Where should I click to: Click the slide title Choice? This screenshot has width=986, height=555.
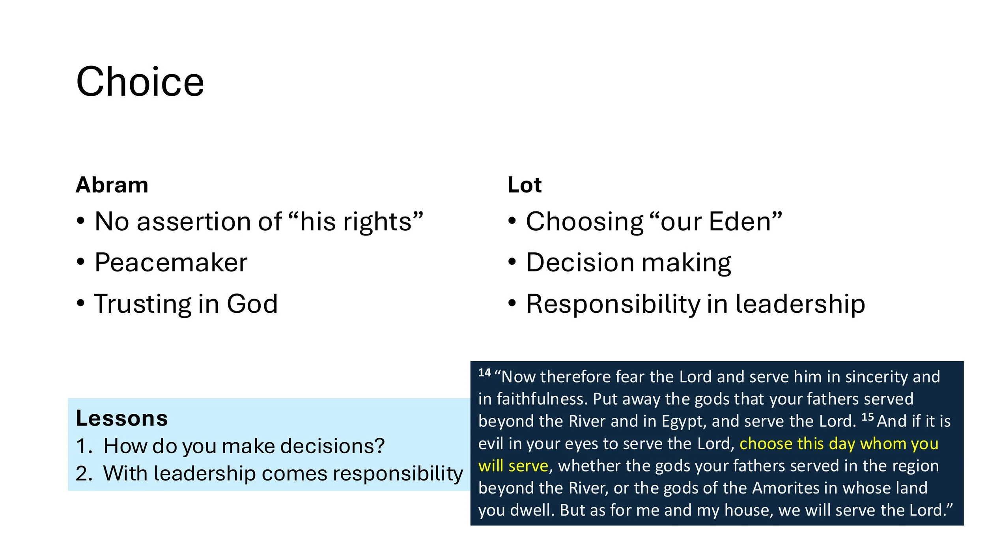coord(140,82)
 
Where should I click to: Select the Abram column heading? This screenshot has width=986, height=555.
coord(112,185)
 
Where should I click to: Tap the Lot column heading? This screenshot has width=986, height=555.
coord(525,185)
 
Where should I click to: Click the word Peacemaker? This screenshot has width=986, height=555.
coord(171,263)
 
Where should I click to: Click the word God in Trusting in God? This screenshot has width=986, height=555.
coord(252,304)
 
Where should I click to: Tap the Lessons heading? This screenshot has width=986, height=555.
coord(122,419)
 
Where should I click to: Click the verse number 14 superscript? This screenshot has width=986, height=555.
coord(484,373)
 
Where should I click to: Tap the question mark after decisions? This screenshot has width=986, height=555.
coord(379,446)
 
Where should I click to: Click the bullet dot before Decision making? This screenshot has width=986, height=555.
coord(512,262)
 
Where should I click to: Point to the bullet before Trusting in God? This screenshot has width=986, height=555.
coord(81,303)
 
